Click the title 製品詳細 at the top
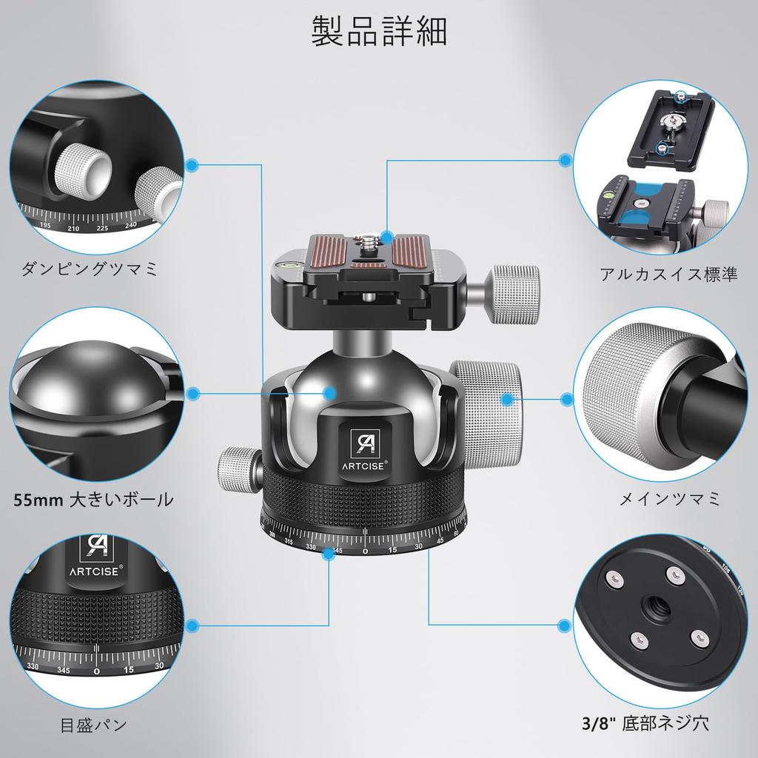click(x=378, y=30)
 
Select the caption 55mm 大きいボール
click(x=93, y=500)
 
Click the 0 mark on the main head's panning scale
click(x=365, y=551)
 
